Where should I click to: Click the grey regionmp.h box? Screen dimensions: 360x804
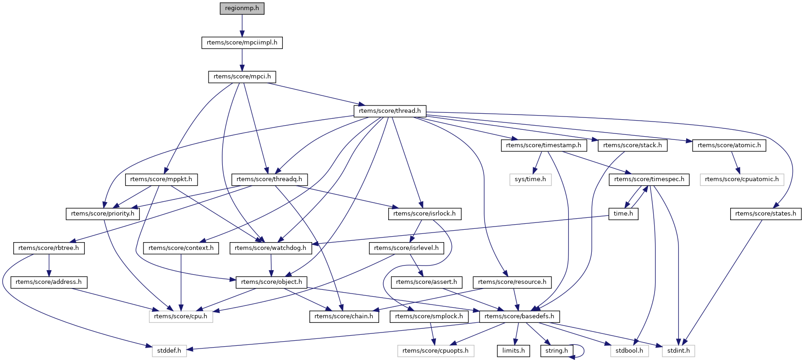pos(242,8)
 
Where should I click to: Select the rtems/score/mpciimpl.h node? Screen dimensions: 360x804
pos(242,43)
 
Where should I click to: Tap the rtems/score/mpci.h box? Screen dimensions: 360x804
pos(242,77)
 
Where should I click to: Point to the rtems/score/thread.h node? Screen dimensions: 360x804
pos(390,111)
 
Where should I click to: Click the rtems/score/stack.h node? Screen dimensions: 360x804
pos(633,145)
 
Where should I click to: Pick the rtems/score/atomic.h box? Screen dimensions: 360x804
pos(729,145)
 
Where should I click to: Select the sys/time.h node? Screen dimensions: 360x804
pos(530,179)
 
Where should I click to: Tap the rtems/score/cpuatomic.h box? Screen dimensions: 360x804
pos(742,179)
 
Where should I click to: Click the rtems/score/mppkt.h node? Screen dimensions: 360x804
pos(161,179)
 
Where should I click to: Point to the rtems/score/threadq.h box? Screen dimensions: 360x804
pos(270,179)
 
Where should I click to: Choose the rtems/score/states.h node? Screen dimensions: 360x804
pos(765,214)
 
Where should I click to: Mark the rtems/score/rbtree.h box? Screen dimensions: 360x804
pos(49,248)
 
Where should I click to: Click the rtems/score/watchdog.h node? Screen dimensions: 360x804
pos(270,248)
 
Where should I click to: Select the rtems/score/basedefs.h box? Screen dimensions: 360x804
pos(519,316)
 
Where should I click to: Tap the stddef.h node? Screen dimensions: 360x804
pos(169,351)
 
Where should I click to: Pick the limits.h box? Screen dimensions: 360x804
pos(513,351)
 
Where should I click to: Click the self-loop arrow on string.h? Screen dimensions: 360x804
pos(582,351)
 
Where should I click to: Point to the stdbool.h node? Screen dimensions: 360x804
pos(629,351)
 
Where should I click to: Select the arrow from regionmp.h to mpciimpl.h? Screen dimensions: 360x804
pos(242,25)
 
